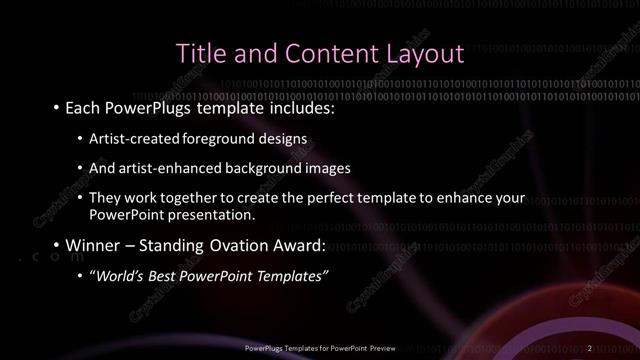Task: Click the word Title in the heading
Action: point(199,52)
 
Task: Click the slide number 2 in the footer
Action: point(590,347)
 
